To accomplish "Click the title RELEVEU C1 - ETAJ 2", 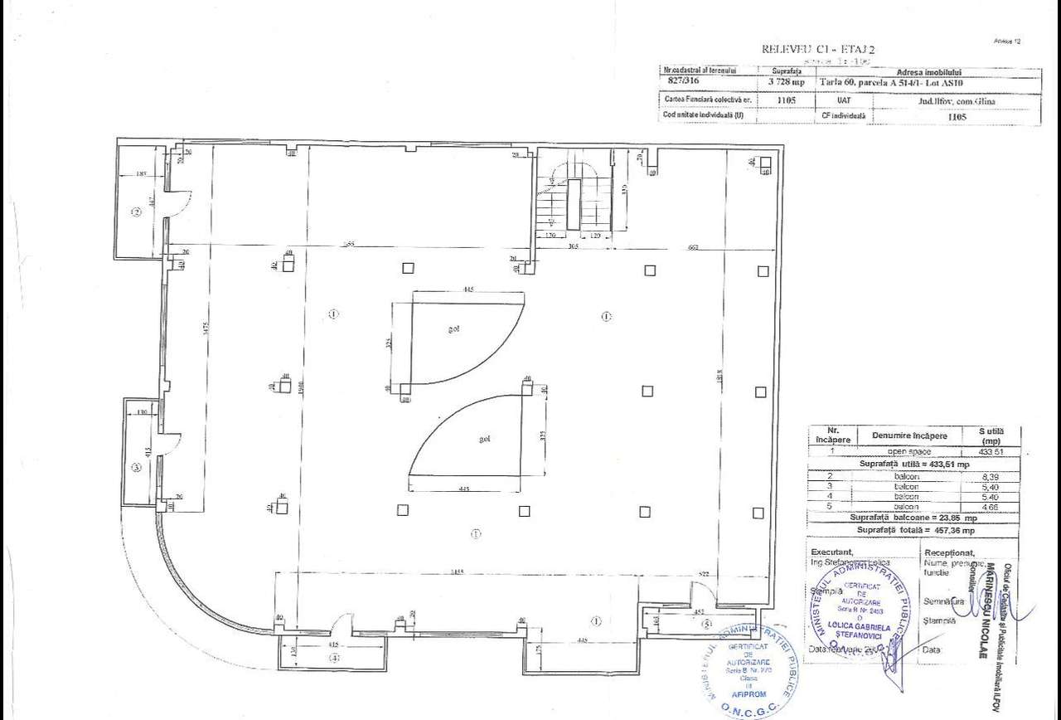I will tap(817, 49).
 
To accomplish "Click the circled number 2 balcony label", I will tap(137, 212).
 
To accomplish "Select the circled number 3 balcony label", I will tap(137, 467).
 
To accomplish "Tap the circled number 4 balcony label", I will tap(334, 659).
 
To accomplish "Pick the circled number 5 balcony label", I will tap(706, 623).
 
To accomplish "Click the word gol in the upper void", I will tap(454, 328).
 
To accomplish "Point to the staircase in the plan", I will tap(573, 200).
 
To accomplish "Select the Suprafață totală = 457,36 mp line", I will tap(916, 529).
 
